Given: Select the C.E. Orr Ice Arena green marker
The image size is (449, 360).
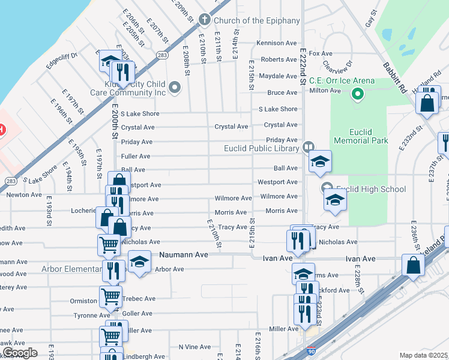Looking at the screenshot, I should (358, 94).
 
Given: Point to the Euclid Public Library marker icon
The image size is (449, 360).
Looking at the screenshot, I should (309, 146).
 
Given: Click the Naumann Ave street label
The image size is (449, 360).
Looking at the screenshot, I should (183, 255).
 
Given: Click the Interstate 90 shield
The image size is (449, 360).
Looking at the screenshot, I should (311, 350).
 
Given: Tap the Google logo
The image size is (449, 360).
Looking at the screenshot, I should (20, 352).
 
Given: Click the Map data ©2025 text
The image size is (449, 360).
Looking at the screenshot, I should (423, 355).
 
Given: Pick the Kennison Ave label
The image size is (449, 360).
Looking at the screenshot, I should (277, 43).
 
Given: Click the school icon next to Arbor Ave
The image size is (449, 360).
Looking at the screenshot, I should (139, 262).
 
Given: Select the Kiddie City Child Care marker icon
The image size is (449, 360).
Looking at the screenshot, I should (175, 88).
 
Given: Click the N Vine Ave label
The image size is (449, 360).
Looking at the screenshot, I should (194, 347).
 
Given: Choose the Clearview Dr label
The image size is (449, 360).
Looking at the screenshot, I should (336, 65).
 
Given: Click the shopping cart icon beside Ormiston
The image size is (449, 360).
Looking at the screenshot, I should (111, 296).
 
